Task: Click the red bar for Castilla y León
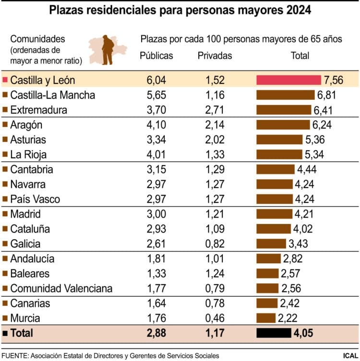pyautogui.click(x=288, y=80)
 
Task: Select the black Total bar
pyautogui.click(x=274, y=332)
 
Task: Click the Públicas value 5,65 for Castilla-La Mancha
pyautogui.click(x=156, y=95)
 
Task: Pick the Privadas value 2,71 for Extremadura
pyautogui.click(x=215, y=110)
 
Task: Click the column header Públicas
pyautogui.click(x=156, y=56)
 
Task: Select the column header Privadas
pyautogui.click(x=215, y=56)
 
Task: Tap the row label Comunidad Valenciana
pyautogui.click(x=61, y=289)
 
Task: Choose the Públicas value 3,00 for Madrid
pyautogui.click(x=156, y=214)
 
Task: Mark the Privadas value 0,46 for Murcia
pyautogui.click(x=215, y=318)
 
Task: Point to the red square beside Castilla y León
pyautogui.click(x=5, y=80)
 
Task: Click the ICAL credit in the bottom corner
pyautogui.click(x=349, y=355)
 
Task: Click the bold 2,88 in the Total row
pyautogui.click(x=156, y=332)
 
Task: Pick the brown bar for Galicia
pyautogui.click(x=271, y=244)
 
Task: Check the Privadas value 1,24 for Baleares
pyautogui.click(x=215, y=274)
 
